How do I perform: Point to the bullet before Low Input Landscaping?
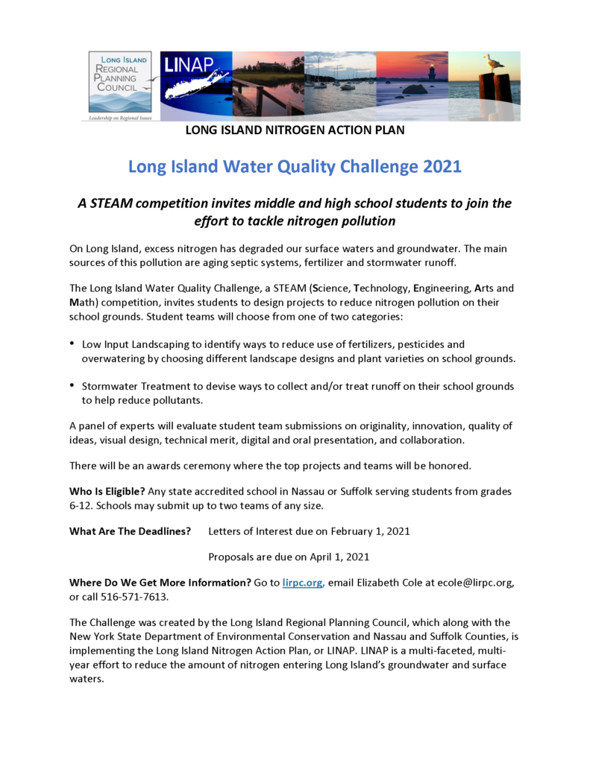(x=72, y=343)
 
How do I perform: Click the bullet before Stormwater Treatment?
(x=72, y=385)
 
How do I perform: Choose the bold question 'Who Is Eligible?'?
(x=107, y=491)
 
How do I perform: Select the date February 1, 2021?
(x=367, y=531)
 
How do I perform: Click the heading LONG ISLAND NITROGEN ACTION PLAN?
(x=295, y=131)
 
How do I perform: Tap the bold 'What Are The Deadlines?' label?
(x=130, y=531)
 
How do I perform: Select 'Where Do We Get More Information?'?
(x=160, y=583)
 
